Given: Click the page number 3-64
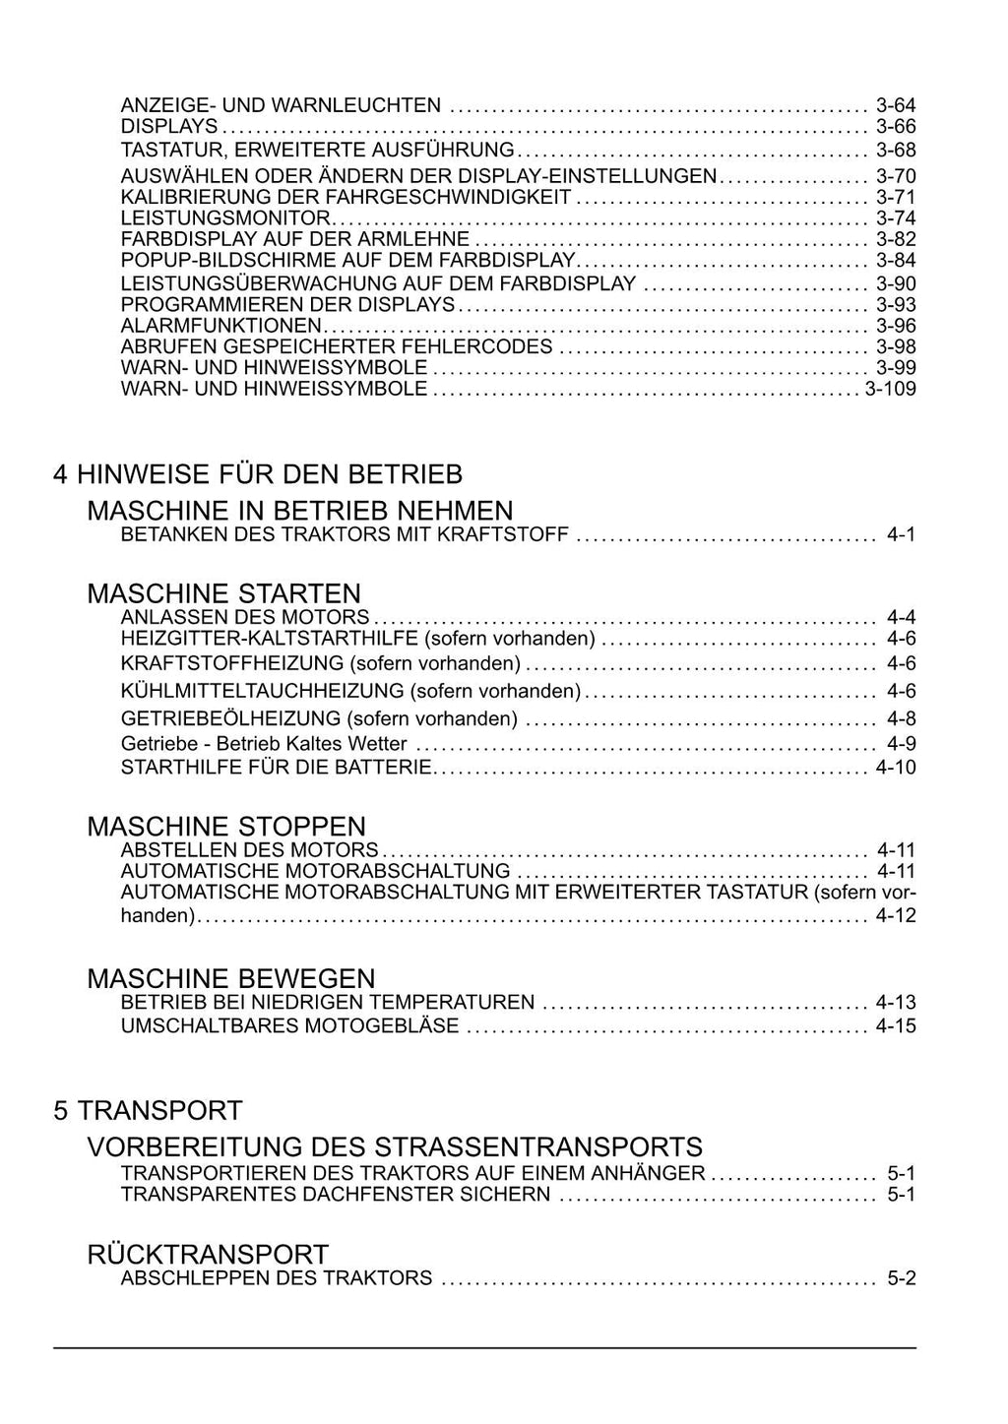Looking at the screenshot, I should [896, 105].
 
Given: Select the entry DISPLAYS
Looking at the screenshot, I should [168, 127].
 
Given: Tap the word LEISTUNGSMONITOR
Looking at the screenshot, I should [226, 217].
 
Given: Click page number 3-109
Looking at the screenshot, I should [890, 389].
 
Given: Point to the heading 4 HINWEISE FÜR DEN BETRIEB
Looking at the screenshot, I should [258, 474].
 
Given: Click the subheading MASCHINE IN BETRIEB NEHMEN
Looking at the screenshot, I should [300, 511].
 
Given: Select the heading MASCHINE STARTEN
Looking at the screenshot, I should [224, 593].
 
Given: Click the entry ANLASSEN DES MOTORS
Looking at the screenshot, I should [245, 618].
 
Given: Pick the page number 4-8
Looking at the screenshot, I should [901, 718].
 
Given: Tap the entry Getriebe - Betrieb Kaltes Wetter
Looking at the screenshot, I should [264, 744].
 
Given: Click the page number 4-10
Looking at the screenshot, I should [896, 768].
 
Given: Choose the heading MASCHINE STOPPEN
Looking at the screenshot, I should [226, 826].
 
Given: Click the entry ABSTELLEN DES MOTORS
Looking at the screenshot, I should [249, 850].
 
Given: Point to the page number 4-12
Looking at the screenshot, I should [896, 916].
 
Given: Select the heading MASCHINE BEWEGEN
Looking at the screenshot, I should [231, 978].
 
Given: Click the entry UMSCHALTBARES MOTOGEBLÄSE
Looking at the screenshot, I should [289, 1026].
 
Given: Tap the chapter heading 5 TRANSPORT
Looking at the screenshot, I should [148, 1110].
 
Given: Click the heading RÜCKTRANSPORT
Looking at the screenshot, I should [208, 1255].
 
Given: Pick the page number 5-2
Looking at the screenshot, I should [901, 1278].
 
